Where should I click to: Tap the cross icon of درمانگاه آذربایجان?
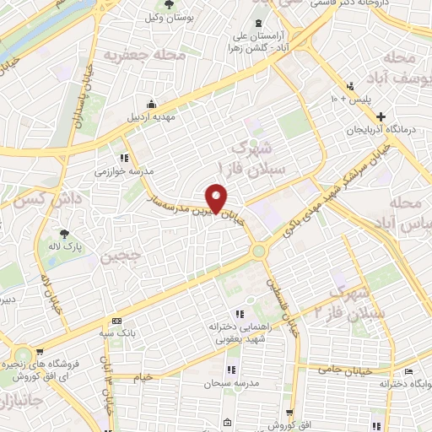coord(381,116)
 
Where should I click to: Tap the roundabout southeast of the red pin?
coord(258,250)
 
